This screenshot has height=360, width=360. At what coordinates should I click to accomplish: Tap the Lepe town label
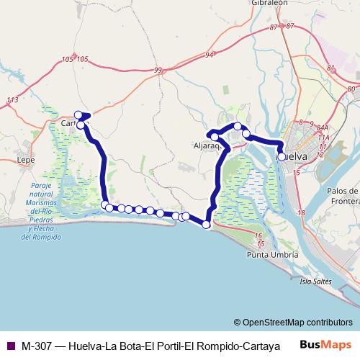coord(27,161)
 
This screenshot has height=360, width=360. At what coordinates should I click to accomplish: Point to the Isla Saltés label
coord(316,280)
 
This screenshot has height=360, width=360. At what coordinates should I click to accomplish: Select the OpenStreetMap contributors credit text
coord(295,322)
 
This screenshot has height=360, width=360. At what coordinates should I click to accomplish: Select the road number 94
coord(209,54)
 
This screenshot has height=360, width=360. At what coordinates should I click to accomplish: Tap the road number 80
coord(351,89)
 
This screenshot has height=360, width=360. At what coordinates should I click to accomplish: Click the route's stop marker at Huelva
coord(282,156)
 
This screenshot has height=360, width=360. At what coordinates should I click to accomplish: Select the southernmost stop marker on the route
coord(207,225)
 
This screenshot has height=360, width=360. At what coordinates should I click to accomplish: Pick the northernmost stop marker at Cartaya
coord(78,114)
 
